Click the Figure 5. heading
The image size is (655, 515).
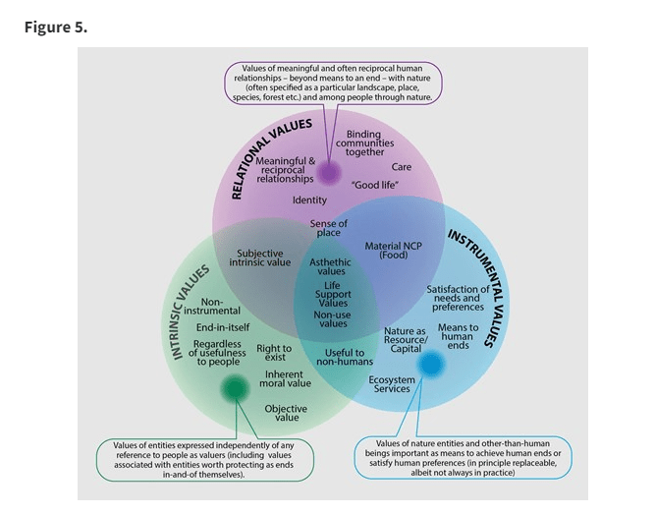click(56, 27)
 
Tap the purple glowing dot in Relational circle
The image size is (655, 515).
click(329, 174)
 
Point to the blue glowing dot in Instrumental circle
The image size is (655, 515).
click(431, 365)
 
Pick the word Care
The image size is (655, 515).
click(401, 167)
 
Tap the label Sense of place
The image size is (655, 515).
click(329, 228)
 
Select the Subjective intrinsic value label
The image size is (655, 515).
click(260, 258)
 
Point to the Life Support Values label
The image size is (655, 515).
click(333, 294)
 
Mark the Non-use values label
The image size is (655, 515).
click(333, 318)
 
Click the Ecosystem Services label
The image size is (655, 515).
click(392, 384)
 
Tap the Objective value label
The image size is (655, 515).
click(286, 413)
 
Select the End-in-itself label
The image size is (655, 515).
click(223, 326)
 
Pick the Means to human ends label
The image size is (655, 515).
click(458, 336)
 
